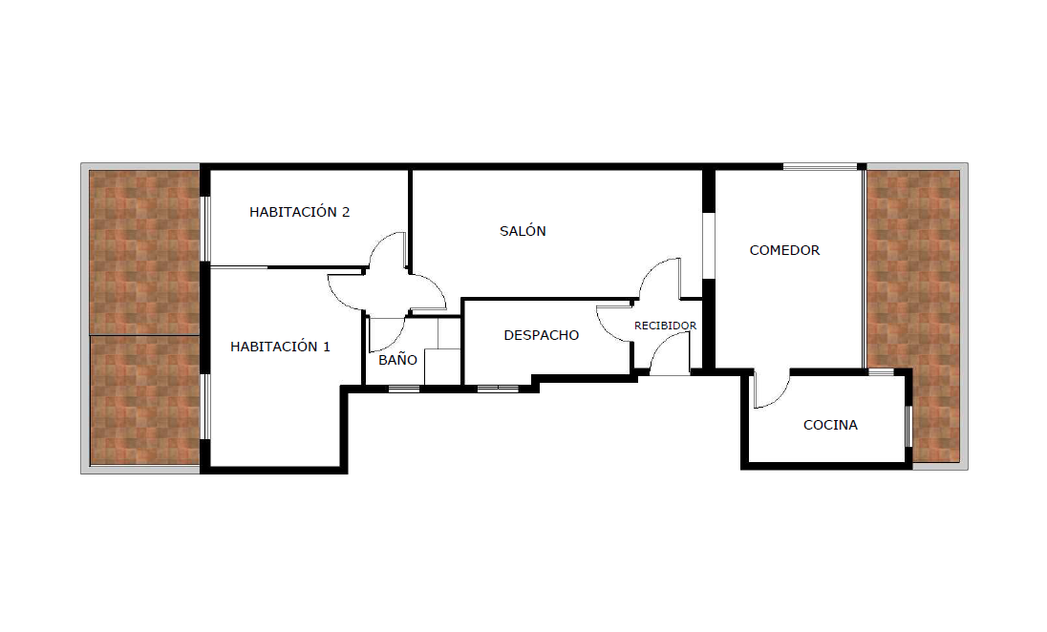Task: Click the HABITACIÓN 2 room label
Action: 299,212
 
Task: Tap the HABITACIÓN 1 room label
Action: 280,347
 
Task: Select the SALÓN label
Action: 523,231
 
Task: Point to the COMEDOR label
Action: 784,250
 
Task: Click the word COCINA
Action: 830,425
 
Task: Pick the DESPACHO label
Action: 541,335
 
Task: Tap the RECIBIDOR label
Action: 665,326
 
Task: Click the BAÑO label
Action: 397,360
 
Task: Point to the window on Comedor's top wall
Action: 820,167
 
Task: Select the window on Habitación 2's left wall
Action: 206,228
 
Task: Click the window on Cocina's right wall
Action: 908,426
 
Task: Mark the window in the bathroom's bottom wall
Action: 404,388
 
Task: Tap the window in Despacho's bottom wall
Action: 498,388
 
